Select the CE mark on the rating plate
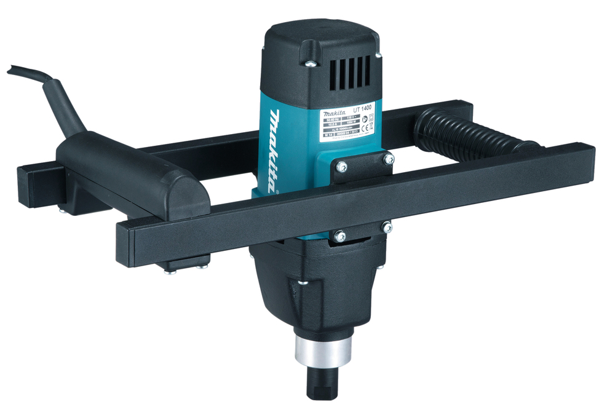364,129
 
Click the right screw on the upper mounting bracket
389,159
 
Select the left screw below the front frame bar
339,235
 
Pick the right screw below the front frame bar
387,227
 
